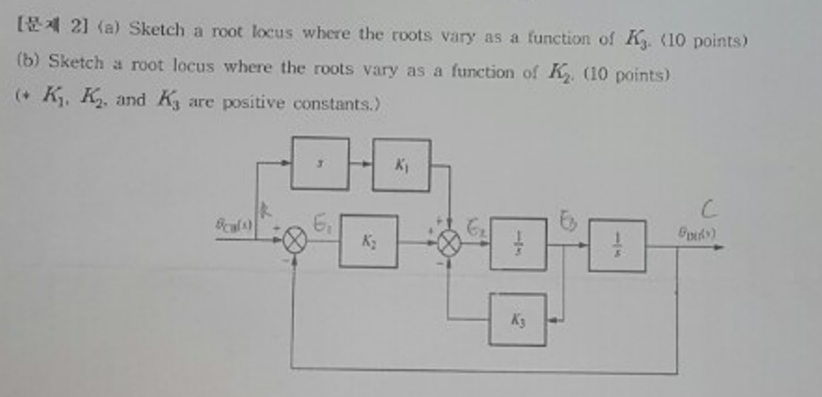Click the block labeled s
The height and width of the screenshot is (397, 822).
tap(320, 164)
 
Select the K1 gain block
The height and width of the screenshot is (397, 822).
tap(401, 165)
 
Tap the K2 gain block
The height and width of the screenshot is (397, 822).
tap(369, 241)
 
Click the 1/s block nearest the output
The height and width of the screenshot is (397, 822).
tap(617, 245)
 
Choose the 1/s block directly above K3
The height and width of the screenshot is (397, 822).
tap(518, 244)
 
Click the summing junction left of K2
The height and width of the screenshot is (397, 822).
tap(295, 241)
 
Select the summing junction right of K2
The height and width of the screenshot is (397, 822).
tap(449, 241)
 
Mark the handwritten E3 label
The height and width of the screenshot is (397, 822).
tap(567, 219)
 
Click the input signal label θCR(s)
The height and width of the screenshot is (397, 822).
tap(234, 223)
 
